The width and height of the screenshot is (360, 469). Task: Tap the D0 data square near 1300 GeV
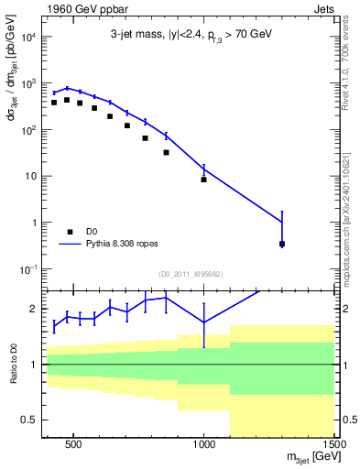click(281, 244)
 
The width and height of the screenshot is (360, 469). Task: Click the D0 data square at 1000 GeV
click(203, 180)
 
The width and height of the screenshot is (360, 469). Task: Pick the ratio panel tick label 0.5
click(28, 420)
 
